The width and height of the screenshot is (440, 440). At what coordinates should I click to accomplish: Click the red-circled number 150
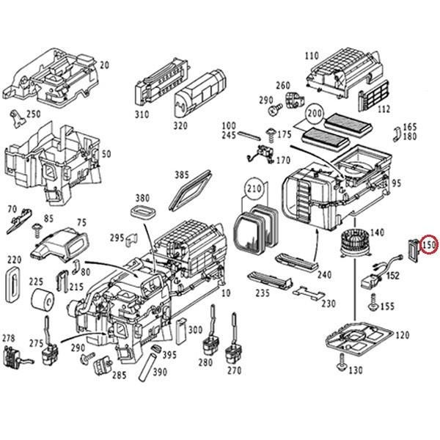click(429, 244)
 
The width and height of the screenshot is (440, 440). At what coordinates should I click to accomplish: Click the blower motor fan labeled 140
click(351, 242)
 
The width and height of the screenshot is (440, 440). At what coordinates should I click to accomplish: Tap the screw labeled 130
click(342, 362)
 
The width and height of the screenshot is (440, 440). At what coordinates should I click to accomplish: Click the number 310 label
click(142, 114)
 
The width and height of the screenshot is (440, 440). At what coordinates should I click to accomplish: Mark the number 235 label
click(263, 293)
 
